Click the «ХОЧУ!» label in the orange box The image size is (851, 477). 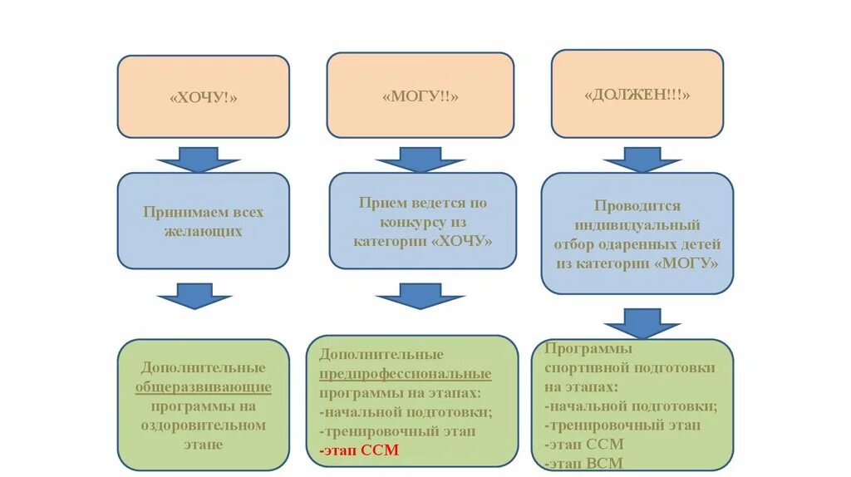pyautogui.click(x=204, y=98)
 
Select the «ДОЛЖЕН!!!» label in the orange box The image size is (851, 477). pyautogui.click(x=637, y=95)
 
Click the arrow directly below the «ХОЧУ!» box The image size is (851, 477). pyautogui.click(x=198, y=159)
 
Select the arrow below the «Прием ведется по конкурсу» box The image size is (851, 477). pyautogui.click(x=419, y=295)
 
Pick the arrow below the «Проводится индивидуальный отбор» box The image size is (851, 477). pyautogui.click(x=642, y=322)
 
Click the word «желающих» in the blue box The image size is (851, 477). pyautogui.click(x=203, y=232)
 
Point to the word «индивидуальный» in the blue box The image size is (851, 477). pyautogui.click(x=637, y=225)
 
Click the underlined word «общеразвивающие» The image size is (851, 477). pyautogui.click(x=204, y=387)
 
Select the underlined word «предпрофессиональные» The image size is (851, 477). pyautogui.click(x=405, y=374)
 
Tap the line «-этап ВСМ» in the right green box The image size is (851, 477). pyautogui.click(x=584, y=464)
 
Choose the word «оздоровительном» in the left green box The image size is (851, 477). pyautogui.click(x=204, y=425)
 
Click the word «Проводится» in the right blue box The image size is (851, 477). pyautogui.click(x=637, y=206)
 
